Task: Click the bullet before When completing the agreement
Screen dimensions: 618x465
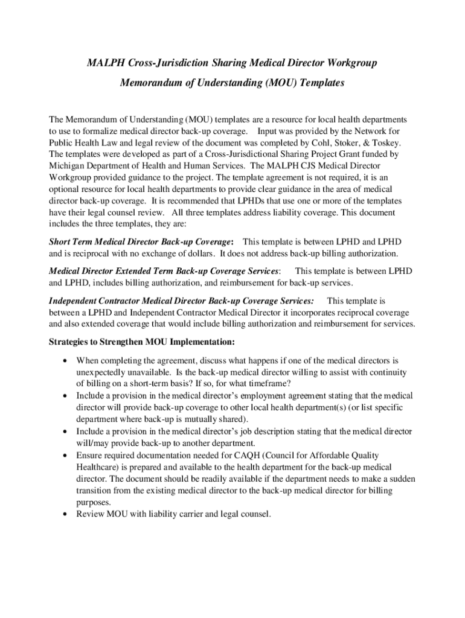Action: [64, 360]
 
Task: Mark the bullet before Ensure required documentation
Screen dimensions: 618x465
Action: [64, 456]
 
